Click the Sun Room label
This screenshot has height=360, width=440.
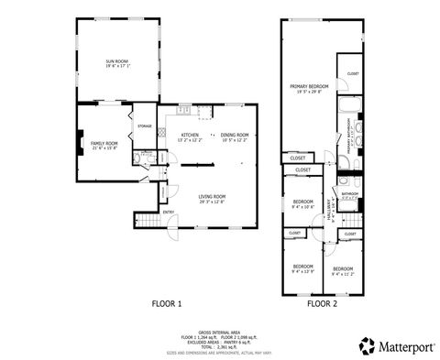click(117, 64)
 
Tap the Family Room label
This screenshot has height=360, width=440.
click(104, 146)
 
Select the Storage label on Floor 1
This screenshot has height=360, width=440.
click(145, 125)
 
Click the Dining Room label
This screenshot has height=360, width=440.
click(236, 136)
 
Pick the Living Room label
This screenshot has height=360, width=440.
click(213, 198)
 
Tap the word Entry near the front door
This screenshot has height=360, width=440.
click(169, 213)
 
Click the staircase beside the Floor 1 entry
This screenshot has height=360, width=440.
click(148, 222)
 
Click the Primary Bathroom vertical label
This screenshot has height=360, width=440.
click(349, 134)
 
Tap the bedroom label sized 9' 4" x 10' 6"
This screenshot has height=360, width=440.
click(302, 203)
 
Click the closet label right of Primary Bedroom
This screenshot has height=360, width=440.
click(353, 73)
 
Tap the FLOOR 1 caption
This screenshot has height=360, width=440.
click(167, 302)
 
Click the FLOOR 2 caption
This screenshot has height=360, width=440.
click(323, 302)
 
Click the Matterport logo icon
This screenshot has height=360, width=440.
click(366, 345)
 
